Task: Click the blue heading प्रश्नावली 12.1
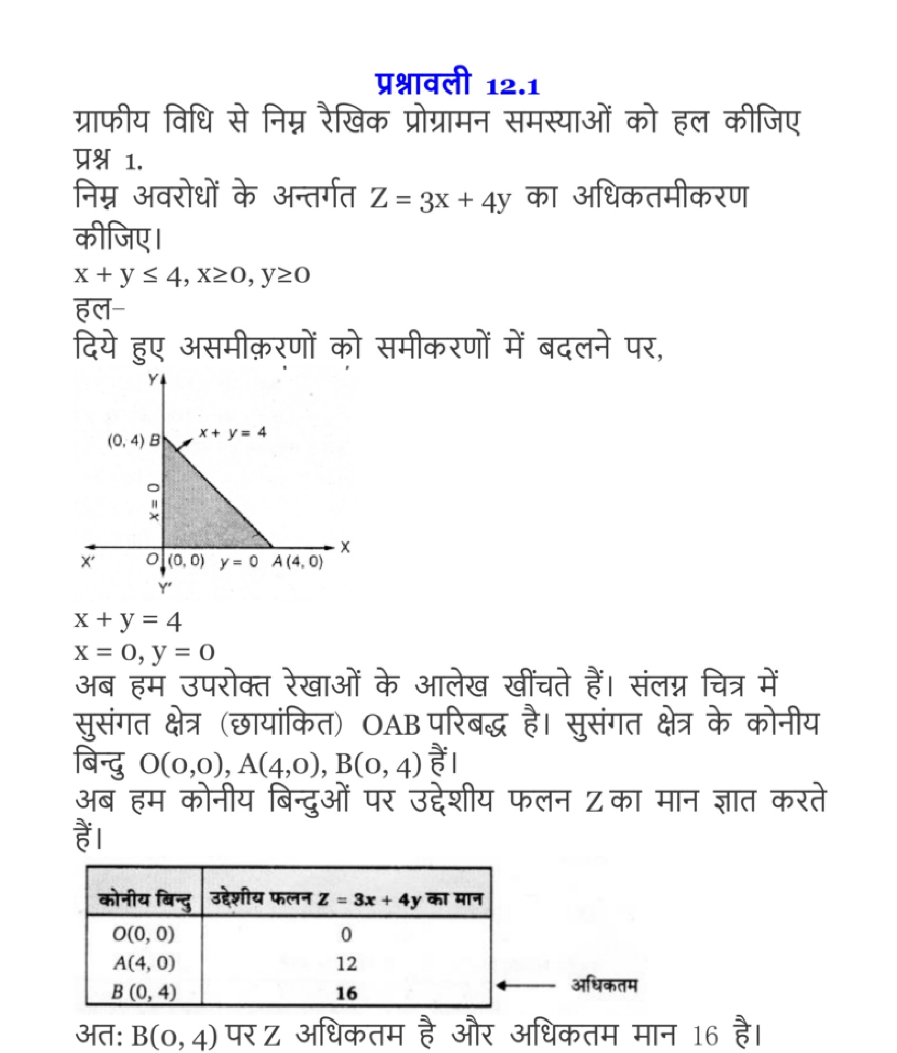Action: point(458,85)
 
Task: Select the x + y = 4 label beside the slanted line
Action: point(232,433)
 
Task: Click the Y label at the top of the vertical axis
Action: point(153,380)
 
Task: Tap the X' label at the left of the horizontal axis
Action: point(88,563)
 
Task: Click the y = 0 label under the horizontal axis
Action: point(239,563)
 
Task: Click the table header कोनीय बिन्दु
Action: point(145,899)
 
